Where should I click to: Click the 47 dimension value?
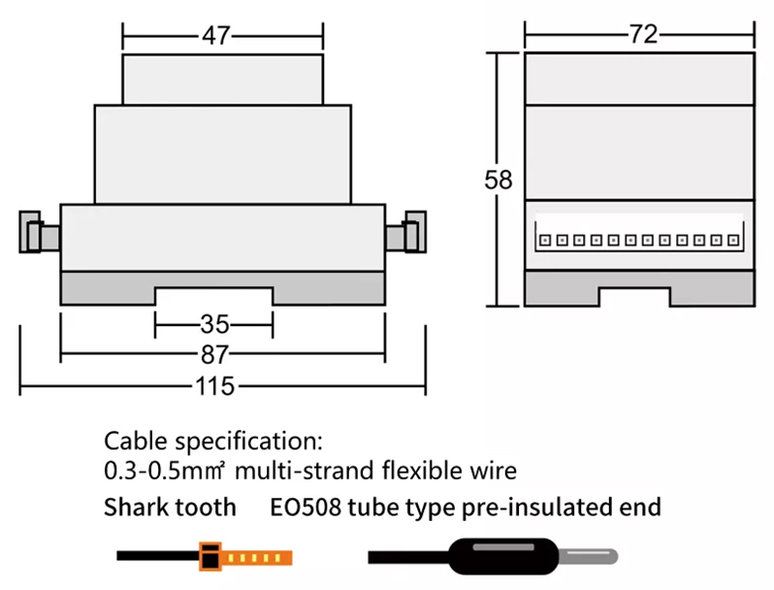215,36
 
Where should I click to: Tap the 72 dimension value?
643,34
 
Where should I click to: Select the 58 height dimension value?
499,180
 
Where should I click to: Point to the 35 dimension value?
214,324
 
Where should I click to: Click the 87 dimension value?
214,354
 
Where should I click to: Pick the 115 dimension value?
214,385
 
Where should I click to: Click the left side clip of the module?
40,232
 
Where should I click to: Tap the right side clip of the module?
405,232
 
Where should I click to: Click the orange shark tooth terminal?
245,557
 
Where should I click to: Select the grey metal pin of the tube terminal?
589,556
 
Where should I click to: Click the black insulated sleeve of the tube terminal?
503,556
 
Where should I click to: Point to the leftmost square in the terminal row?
545,241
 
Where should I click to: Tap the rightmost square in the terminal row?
733,241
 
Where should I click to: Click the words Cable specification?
212,441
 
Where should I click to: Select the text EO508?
306,508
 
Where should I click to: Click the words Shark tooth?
170,508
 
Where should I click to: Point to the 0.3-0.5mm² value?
165,471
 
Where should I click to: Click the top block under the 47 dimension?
223,79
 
